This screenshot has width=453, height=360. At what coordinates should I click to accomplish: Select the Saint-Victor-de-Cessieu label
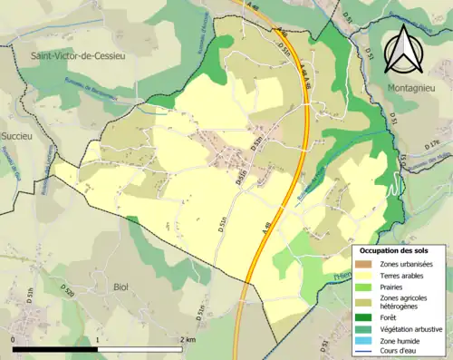pos(81,57)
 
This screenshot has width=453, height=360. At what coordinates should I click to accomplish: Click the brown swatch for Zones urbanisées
pos(365,263)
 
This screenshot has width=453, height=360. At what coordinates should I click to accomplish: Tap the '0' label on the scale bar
pos(14,339)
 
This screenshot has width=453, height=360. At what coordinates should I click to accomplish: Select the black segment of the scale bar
pos(55,348)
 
